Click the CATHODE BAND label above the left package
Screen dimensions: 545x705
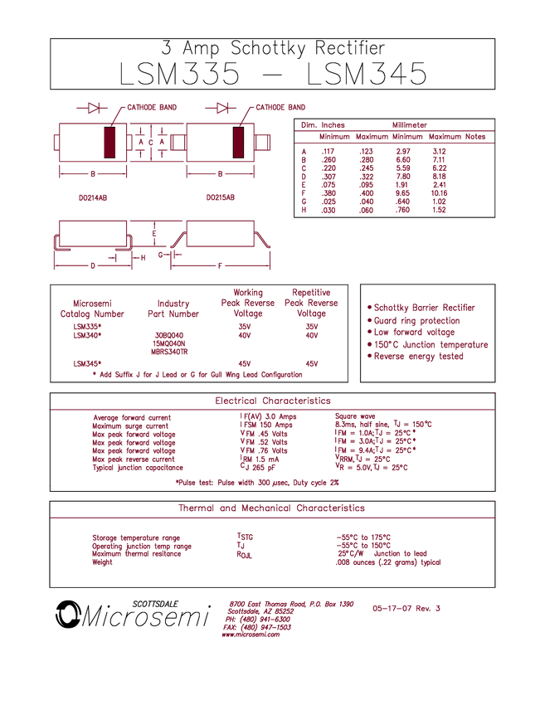[151, 108]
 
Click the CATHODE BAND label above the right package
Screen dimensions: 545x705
[281, 108]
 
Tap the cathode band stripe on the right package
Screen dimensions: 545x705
[240, 143]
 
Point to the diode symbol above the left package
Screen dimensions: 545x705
[93, 108]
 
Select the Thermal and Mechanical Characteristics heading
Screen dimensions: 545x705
[273, 508]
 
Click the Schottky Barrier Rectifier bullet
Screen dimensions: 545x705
[425, 307]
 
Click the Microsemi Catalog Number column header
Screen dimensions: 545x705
[92, 308]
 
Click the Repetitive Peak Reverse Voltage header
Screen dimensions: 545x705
[311, 303]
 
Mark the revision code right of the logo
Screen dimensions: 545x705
[406, 608]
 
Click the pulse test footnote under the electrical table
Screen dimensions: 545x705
[257, 480]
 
